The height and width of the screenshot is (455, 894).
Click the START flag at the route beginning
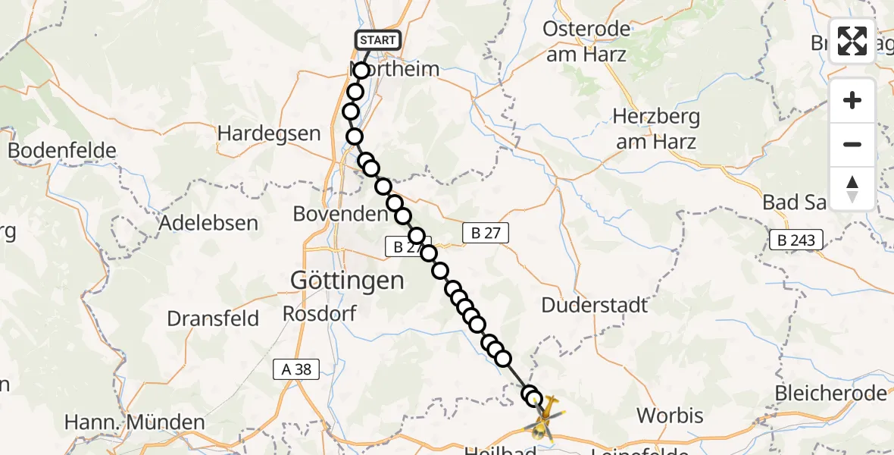tap(377, 40)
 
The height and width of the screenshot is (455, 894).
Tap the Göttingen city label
tap(347, 281)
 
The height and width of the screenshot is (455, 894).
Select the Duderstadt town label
tap(595, 305)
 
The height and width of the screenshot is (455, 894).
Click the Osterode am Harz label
tap(586, 42)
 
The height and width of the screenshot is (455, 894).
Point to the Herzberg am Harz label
tap(656, 129)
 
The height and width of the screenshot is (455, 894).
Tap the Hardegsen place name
tap(269, 133)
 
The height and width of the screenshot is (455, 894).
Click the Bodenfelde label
tap(62, 150)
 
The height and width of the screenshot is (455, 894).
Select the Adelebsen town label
tap(208, 223)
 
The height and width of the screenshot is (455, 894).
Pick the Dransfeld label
tap(212, 318)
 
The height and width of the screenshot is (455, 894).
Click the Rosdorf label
tap(313, 312)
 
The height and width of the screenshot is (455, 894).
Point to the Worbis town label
tap(670, 416)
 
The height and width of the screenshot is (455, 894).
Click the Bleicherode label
tap(830, 393)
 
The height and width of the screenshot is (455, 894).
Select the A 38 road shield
tap(296, 369)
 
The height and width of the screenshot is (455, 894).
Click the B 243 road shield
tap(796, 240)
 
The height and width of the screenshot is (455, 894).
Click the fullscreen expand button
tap(852, 41)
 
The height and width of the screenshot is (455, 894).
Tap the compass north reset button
tap(852, 189)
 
